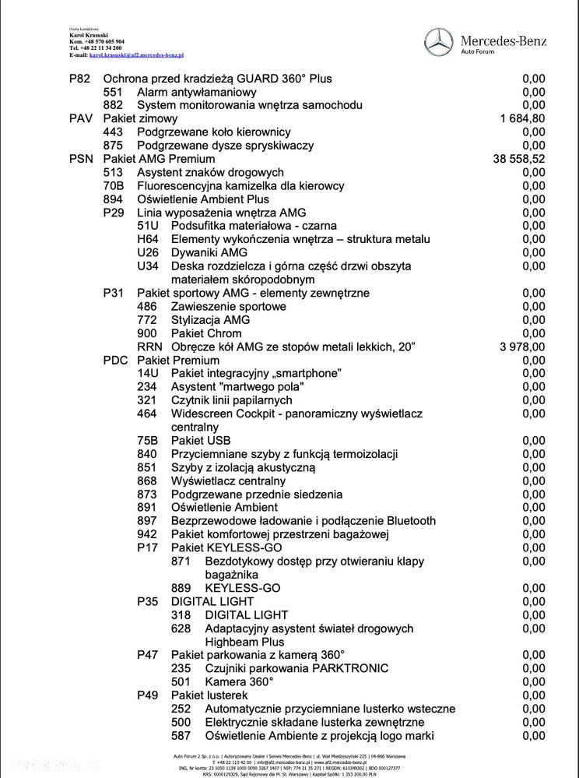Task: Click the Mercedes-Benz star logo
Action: [x=438, y=41]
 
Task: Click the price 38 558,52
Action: [x=519, y=159]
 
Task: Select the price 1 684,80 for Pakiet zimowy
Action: [x=522, y=118]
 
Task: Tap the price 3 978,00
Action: [x=522, y=347]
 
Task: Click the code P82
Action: [x=80, y=79]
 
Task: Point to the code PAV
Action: [x=81, y=118]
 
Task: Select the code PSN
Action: [x=81, y=159]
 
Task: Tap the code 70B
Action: [x=114, y=186]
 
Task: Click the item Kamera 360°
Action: [x=239, y=681]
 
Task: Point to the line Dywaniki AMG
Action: [x=209, y=252]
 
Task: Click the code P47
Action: [x=148, y=655]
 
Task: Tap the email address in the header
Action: [x=136, y=55]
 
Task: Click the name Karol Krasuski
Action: [x=86, y=36]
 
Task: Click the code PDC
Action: [x=115, y=360]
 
